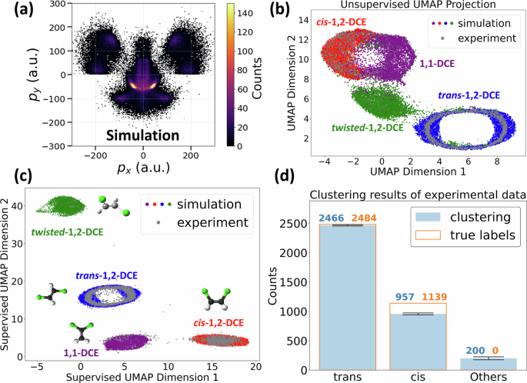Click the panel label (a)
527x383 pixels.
point(16,11)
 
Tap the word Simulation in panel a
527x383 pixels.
point(142,135)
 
